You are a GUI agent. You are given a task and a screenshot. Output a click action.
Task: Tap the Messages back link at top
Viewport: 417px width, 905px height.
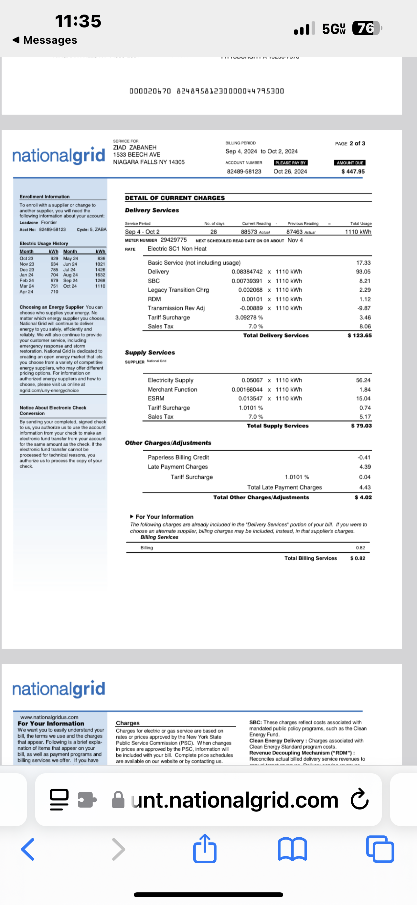coord(45,40)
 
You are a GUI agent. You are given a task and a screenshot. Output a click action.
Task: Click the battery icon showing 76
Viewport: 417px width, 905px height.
coord(367,28)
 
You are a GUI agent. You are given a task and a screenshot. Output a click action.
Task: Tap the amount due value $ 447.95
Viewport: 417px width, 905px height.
coord(353,172)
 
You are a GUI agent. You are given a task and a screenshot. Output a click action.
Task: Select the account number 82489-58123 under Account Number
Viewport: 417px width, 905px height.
coord(244,172)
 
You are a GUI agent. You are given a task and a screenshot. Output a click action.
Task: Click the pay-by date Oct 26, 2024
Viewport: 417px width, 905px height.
coord(290,172)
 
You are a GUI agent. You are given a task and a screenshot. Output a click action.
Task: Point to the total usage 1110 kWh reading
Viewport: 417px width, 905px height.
coord(358,232)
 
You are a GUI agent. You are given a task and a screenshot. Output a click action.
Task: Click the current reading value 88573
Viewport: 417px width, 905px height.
coord(249,232)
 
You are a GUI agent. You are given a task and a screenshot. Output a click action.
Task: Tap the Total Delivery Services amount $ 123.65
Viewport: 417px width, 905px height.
coord(359,336)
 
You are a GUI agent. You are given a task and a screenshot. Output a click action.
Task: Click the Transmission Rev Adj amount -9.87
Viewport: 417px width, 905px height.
coord(364,308)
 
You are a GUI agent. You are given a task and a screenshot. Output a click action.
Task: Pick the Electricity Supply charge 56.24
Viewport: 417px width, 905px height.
coord(363,380)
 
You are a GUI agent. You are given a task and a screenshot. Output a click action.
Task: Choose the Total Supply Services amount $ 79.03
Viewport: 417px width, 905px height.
coord(361,426)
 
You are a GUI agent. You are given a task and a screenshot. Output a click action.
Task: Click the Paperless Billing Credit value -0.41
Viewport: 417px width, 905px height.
coord(364,457)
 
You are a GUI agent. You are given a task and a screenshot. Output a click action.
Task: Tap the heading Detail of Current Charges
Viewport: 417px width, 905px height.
coord(175,198)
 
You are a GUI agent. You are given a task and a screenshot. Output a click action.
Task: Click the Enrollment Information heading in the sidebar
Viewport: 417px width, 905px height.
coord(45,197)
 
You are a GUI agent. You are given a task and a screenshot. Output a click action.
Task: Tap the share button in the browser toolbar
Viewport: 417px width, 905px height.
coord(205,849)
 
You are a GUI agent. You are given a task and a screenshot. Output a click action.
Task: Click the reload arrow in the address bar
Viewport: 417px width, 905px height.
coord(359,799)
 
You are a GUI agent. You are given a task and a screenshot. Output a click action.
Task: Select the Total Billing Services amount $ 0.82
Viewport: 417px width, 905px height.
coord(357,558)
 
